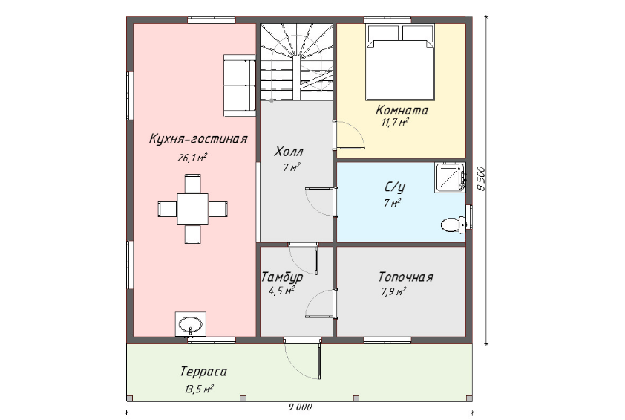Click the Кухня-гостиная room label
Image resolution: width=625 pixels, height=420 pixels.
pyautogui.click(x=198, y=139)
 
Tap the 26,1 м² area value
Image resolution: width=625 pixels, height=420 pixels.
pyautogui.click(x=192, y=158)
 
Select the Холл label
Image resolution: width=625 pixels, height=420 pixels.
pyautogui.click(x=289, y=152)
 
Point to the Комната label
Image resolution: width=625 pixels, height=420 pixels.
pyautogui.click(x=402, y=110)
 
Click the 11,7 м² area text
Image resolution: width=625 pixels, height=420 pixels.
pyautogui.click(x=395, y=122)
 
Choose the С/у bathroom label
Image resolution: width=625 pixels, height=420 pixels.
pyautogui.click(x=395, y=187)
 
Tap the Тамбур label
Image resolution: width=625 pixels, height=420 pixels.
pyautogui.click(x=282, y=277)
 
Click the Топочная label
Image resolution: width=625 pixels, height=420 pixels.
pyautogui.click(x=406, y=277)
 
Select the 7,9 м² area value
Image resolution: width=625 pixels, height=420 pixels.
pyautogui.click(x=394, y=291)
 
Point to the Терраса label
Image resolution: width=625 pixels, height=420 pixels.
pyautogui.click(x=203, y=372)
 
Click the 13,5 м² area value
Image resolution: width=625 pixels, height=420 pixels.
pyautogui.click(x=199, y=389)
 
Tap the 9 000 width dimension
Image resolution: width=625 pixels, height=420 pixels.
pyautogui.click(x=300, y=407)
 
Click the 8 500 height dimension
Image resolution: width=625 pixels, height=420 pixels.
pyautogui.click(x=481, y=178)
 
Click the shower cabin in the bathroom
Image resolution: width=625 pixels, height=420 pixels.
pyautogui.click(x=450, y=177)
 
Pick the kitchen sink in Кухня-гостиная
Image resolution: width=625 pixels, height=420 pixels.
pyautogui.click(x=191, y=324)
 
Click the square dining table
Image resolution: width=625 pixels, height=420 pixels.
pyautogui.click(x=192, y=209)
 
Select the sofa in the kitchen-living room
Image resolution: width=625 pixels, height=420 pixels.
pyautogui.click(x=239, y=85)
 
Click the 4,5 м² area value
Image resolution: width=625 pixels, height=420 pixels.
pyautogui.click(x=281, y=291)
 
